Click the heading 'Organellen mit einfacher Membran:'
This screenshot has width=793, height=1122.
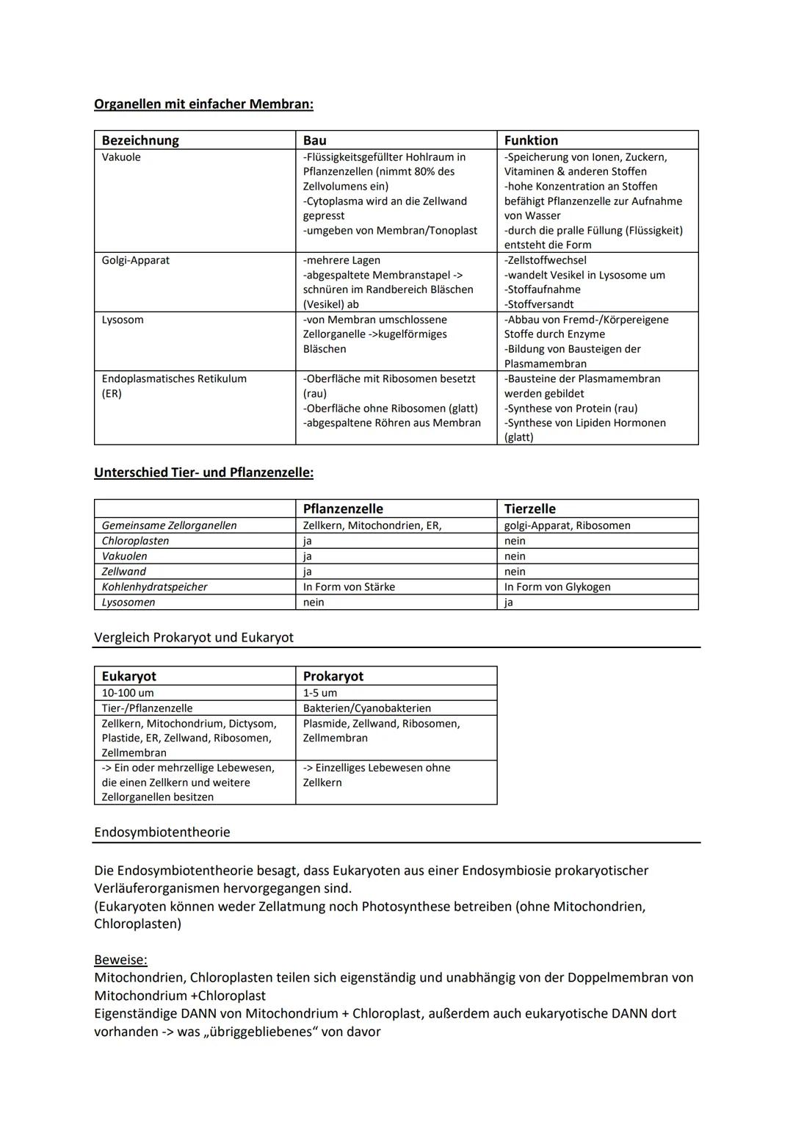click(203, 104)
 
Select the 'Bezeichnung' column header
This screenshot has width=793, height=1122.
click(140, 140)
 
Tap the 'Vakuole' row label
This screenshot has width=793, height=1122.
click(121, 157)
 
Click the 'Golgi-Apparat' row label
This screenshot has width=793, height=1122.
click(135, 260)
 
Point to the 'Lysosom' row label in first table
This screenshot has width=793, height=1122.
click(123, 320)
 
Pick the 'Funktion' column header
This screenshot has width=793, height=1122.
click(531, 140)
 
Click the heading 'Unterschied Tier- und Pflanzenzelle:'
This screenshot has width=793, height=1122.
click(203, 472)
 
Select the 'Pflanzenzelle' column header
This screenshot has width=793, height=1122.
click(343, 508)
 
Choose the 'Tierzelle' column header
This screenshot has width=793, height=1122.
click(529, 508)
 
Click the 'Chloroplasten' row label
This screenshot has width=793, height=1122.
click(135, 541)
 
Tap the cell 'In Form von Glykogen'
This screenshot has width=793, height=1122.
click(557, 586)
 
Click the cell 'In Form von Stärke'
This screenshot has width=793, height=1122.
click(349, 586)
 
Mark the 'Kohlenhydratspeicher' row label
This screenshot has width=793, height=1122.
click(154, 586)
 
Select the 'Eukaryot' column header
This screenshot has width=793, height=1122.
click(128, 676)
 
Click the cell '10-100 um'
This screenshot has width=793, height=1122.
click(128, 693)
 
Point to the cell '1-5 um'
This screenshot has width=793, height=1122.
click(320, 693)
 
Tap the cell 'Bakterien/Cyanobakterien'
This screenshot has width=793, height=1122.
click(366, 708)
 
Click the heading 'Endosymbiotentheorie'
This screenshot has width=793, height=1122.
click(162, 832)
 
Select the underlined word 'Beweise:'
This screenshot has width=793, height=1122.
click(120, 960)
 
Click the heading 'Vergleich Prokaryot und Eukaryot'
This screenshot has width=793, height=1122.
click(194, 638)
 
